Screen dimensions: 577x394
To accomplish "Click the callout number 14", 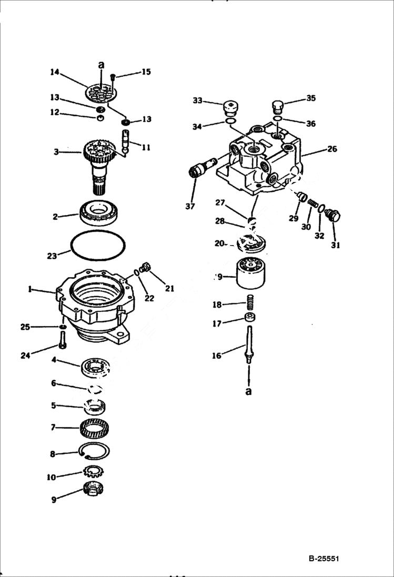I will coord(55,73).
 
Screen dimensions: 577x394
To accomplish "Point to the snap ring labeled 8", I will coord(94,451).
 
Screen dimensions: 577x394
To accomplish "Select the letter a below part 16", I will coord(249,391).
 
